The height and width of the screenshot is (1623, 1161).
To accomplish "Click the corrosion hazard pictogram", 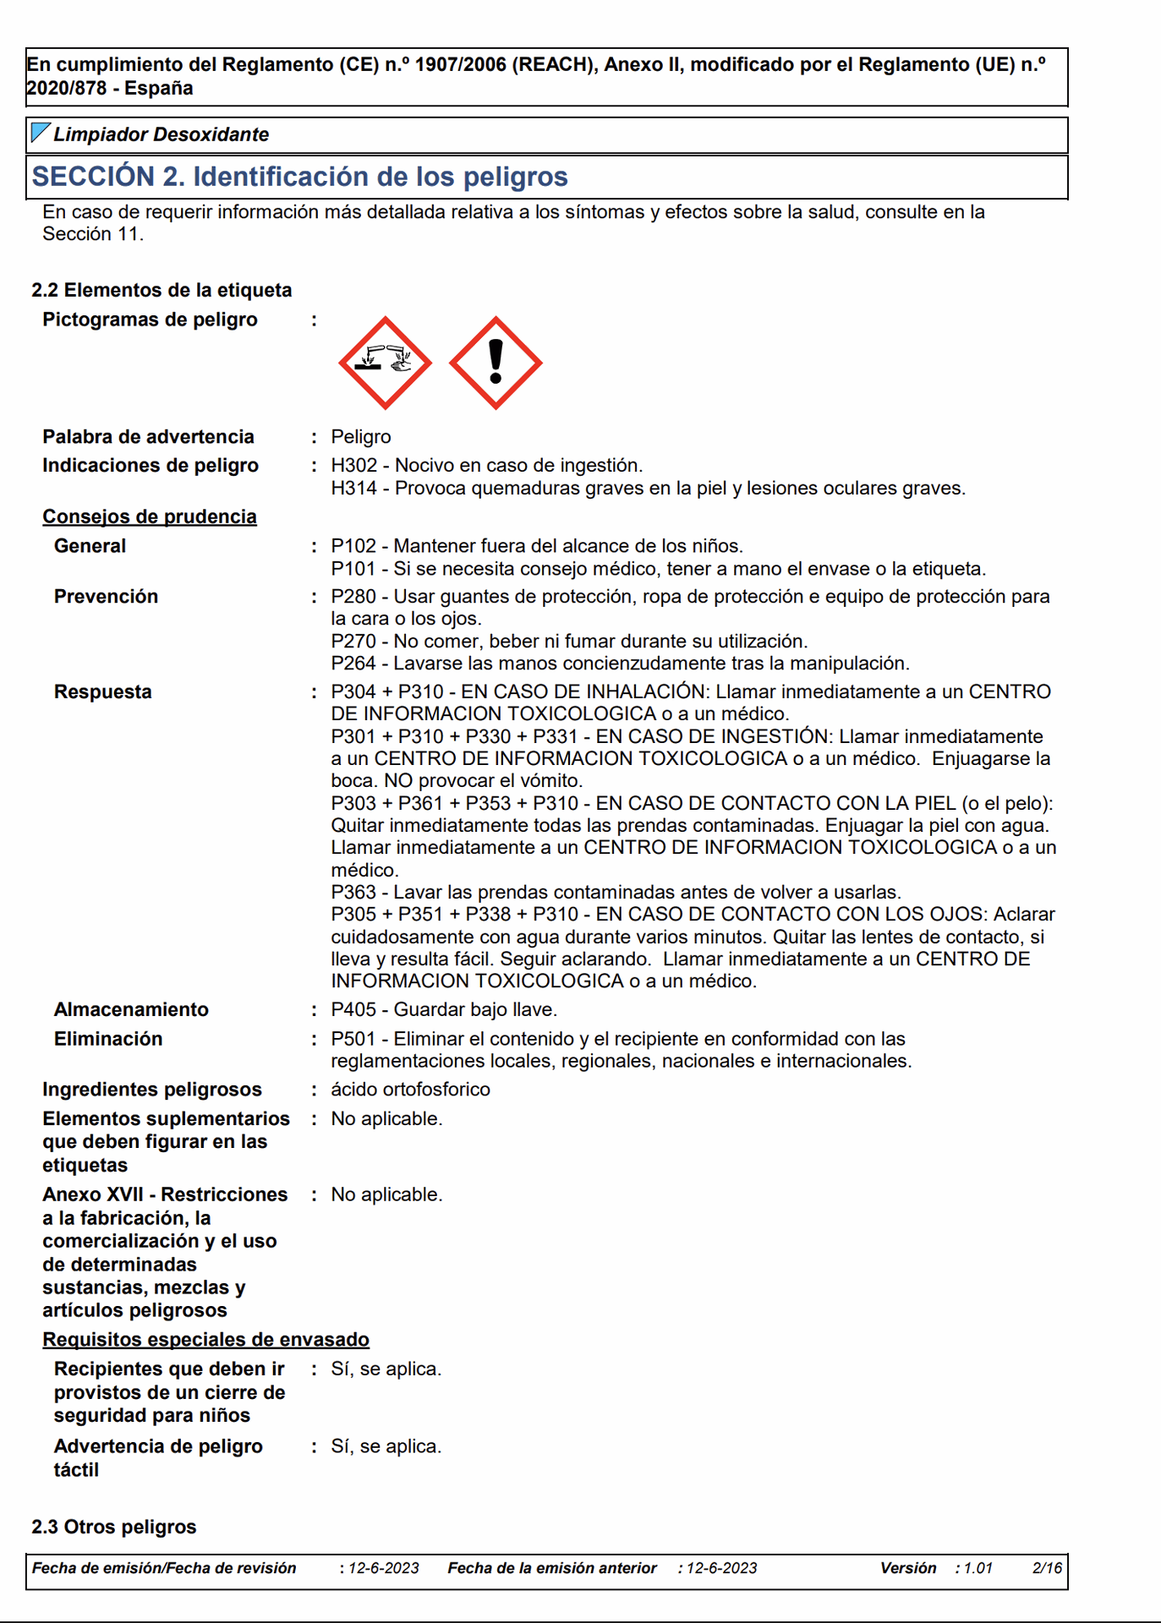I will (x=386, y=363).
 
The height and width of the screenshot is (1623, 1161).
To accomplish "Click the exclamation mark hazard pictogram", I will (x=496, y=363).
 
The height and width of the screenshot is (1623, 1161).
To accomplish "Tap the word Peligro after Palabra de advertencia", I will (x=361, y=437).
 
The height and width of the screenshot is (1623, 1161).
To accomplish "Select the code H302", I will (x=353, y=466).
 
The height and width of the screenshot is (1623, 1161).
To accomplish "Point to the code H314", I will (x=353, y=489).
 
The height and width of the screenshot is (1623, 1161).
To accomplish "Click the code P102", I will (x=353, y=546).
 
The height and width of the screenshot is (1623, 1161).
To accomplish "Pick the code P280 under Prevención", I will (x=353, y=597).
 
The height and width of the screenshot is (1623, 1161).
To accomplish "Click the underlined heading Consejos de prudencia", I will (x=150, y=516).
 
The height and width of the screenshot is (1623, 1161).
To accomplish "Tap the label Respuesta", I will (x=103, y=692).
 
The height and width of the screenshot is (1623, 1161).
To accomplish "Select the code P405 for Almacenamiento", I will (x=353, y=1010).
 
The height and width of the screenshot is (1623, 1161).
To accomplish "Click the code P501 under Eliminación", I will (x=353, y=1039).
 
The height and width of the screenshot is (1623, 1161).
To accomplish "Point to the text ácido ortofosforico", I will (x=410, y=1090).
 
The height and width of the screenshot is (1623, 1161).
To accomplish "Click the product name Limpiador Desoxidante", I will (x=161, y=134).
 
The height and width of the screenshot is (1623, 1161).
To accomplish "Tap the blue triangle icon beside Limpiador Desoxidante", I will (x=39, y=132).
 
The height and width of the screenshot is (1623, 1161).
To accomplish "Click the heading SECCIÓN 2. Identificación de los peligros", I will (x=300, y=177).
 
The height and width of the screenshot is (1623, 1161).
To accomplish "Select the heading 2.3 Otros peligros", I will (x=114, y=1527).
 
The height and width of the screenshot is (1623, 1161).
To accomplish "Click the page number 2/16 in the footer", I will (x=1047, y=1568).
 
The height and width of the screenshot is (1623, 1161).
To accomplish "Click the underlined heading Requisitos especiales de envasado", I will (x=206, y=1340).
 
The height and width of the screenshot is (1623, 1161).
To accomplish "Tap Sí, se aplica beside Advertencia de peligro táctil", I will (x=386, y=1446).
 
